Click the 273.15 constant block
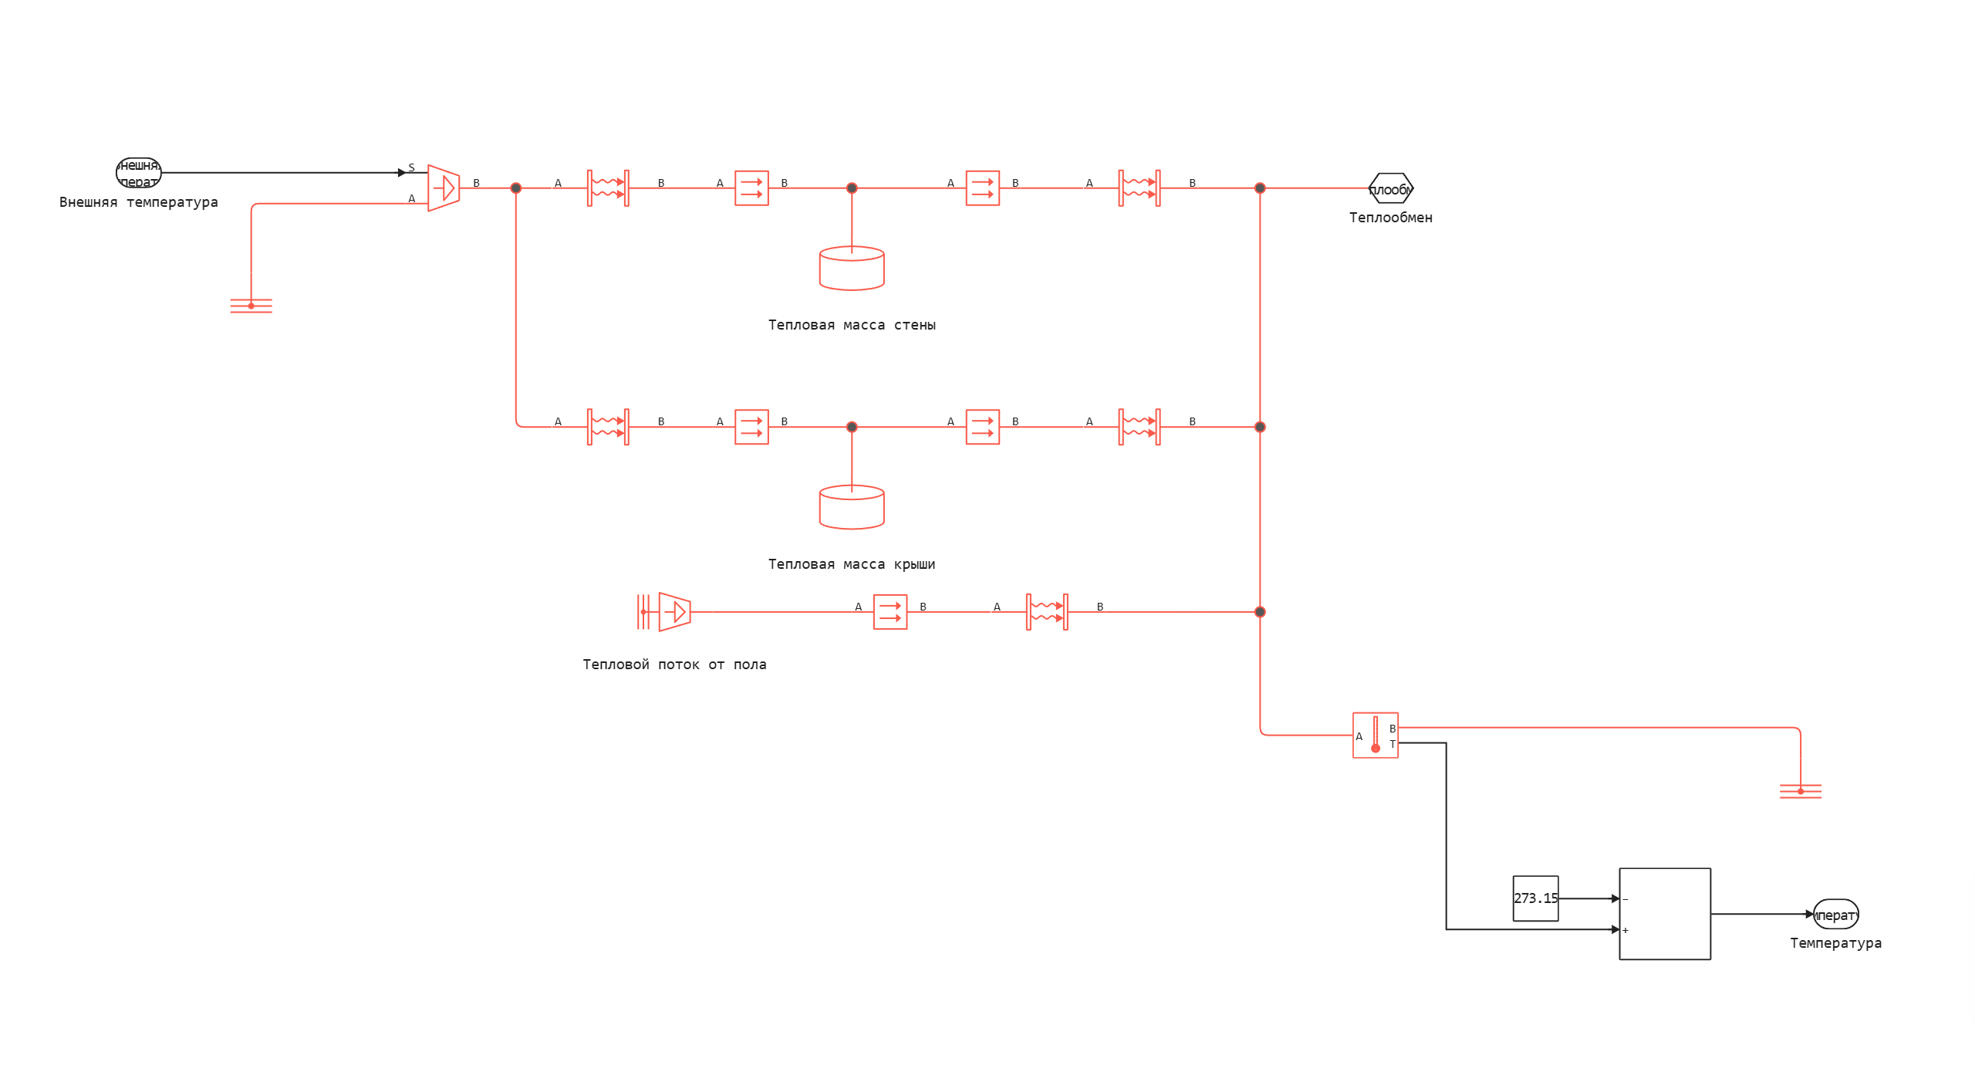(x=1535, y=898)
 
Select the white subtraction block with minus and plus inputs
(x=1665, y=914)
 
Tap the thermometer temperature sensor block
(x=1376, y=736)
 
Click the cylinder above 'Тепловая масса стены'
(x=852, y=269)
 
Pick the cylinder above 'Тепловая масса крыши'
(x=852, y=508)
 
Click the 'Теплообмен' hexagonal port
(x=1390, y=188)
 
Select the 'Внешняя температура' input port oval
(x=139, y=173)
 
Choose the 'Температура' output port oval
(x=1835, y=915)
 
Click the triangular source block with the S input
(x=444, y=188)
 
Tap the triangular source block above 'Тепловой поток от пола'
(x=674, y=612)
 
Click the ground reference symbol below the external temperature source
(x=251, y=306)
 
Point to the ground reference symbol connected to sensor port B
(x=1801, y=791)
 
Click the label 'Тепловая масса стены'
(x=852, y=325)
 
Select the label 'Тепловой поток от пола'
(x=674, y=665)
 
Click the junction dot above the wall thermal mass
(x=852, y=188)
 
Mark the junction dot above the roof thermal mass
(x=852, y=427)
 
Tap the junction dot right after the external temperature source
(x=516, y=188)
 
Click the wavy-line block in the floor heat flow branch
(x=1047, y=612)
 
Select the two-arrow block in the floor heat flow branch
(x=890, y=612)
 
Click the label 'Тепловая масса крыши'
(x=852, y=564)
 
